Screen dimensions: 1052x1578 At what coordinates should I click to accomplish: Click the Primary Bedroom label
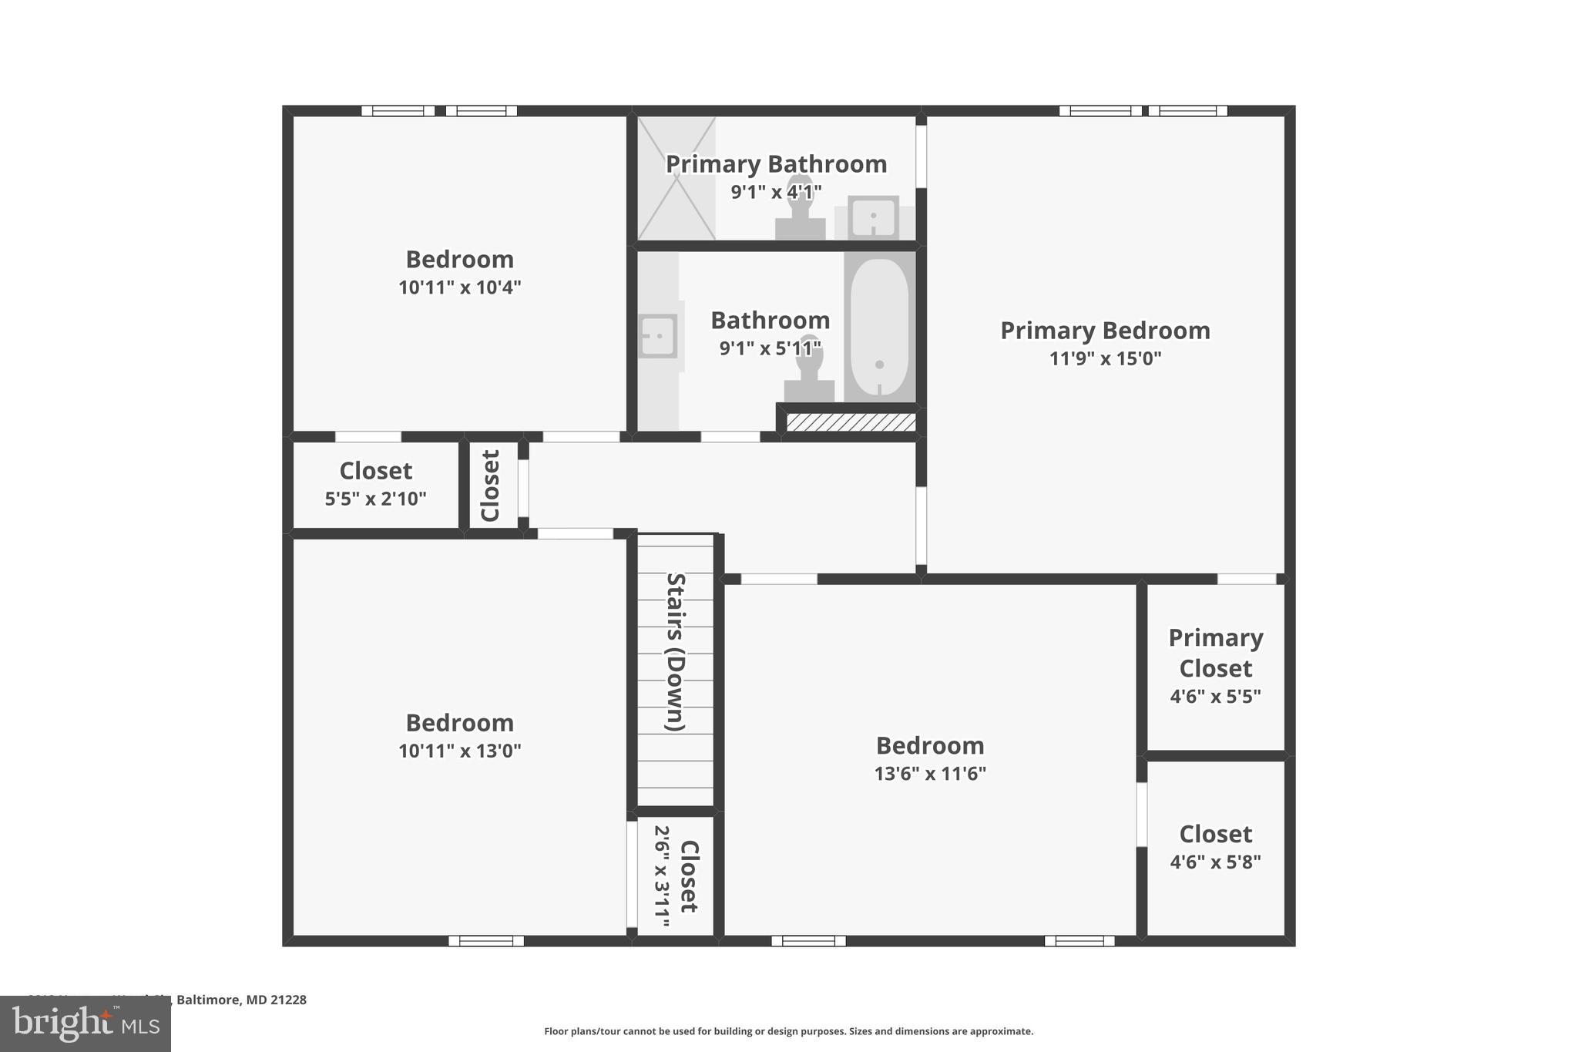click(x=1105, y=331)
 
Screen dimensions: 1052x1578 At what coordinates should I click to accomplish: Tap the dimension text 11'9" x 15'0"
click(x=1105, y=358)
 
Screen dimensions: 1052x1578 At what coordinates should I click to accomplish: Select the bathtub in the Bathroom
click(x=879, y=328)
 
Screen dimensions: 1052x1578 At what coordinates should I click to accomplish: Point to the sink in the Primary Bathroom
click(x=873, y=217)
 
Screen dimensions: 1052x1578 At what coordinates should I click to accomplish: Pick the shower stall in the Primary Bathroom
click(x=677, y=178)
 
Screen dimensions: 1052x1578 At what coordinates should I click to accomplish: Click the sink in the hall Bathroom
click(x=657, y=336)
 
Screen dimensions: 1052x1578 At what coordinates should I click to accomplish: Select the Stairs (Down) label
click(x=676, y=652)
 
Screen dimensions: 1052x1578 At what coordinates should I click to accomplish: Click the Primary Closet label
click(x=1215, y=652)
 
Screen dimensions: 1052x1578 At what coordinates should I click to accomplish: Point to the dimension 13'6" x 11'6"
click(x=930, y=774)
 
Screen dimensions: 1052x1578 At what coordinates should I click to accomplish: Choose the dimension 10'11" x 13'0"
click(x=459, y=751)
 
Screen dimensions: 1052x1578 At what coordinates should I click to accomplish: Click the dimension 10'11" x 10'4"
click(x=459, y=287)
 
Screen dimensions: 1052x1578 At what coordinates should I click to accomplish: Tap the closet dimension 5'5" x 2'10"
click(x=375, y=499)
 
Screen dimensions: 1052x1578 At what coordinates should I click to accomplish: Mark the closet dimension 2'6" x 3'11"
click(x=662, y=876)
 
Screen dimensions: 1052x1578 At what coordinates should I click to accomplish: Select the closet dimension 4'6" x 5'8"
click(x=1215, y=862)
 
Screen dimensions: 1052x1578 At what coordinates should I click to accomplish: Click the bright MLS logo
click(x=86, y=1023)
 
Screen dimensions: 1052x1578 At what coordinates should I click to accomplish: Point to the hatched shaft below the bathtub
click(x=851, y=422)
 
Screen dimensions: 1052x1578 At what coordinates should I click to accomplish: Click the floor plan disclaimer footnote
click(x=788, y=1031)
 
